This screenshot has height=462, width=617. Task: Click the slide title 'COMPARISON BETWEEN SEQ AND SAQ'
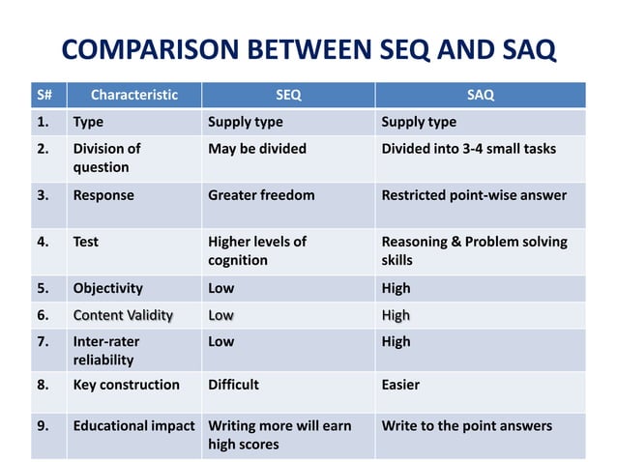click(x=308, y=49)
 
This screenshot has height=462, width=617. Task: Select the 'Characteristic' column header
click(x=133, y=95)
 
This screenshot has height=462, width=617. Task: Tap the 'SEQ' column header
click(x=288, y=95)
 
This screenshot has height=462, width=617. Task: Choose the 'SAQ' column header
click(x=480, y=95)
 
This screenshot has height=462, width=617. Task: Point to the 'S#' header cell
click(x=44, y=95)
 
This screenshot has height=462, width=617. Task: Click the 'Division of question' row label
click(x=106, y=158)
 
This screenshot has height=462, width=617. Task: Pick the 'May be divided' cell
click(x=256, y=149)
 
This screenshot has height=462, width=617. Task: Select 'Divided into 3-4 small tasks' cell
click(x=468, y=149)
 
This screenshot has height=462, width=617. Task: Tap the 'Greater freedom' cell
click(x=261, y=195)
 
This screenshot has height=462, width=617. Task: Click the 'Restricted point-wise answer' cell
click(x=474, y=195)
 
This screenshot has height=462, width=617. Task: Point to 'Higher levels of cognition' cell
click(x=256, y=250)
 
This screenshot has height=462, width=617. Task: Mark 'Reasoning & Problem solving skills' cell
click(x=474, y=250)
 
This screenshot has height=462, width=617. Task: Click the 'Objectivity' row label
click(x=107, y=288)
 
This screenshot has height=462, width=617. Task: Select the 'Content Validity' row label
click(x=123, y=315)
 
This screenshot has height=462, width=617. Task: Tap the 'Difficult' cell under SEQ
click(x=233, y=385)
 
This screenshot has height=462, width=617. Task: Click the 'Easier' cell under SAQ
click(x=400, y=385)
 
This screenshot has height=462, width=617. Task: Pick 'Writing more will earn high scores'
click(x=279, y=435)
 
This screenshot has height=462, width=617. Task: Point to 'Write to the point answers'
click(x=466, y=426)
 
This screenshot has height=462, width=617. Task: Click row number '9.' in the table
click(x=44, y=426)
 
